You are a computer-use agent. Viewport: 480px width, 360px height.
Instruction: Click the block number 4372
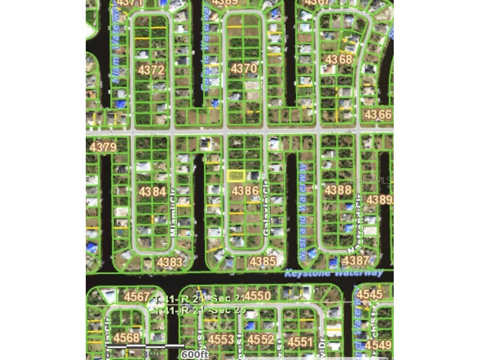point(151,70)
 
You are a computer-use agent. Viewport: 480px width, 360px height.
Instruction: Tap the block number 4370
point(244,68)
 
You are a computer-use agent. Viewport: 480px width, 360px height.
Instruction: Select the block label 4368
point(338,60)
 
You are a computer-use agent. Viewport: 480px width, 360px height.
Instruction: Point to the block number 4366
point(378,114)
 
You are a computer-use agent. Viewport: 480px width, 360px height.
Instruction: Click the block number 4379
point(103,147)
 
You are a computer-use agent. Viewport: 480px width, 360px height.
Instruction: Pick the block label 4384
point(152,191)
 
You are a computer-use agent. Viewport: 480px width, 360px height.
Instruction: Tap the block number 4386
point(245,191)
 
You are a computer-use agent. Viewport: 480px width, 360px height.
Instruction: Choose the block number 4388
point(338,190)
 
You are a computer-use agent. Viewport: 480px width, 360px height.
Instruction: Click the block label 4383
point(169,262)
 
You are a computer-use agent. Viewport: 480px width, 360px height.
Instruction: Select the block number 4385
point(263,261)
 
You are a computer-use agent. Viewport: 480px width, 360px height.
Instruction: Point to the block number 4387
point(356,261)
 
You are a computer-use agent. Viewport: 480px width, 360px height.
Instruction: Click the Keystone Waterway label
point(334,273)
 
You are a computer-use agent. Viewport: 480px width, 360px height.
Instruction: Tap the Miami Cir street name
point(174,218)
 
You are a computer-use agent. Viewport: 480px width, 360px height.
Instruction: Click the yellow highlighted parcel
point(236,176)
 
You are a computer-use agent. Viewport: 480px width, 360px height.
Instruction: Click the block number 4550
point(257,296)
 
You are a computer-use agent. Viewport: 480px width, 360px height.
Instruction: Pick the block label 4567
point(137,297)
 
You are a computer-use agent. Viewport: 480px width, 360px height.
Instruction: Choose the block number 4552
point(260,339)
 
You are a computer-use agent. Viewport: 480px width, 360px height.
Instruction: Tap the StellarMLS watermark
point(370,180)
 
